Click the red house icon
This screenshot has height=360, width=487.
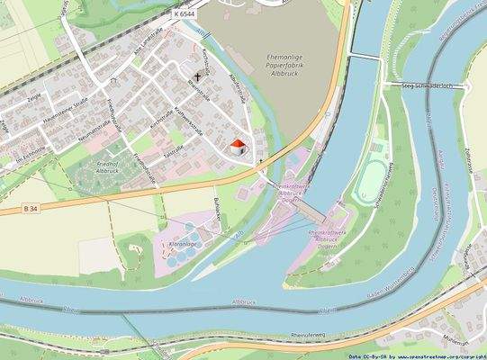(238, 147)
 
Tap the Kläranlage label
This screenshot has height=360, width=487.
(183, 243)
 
